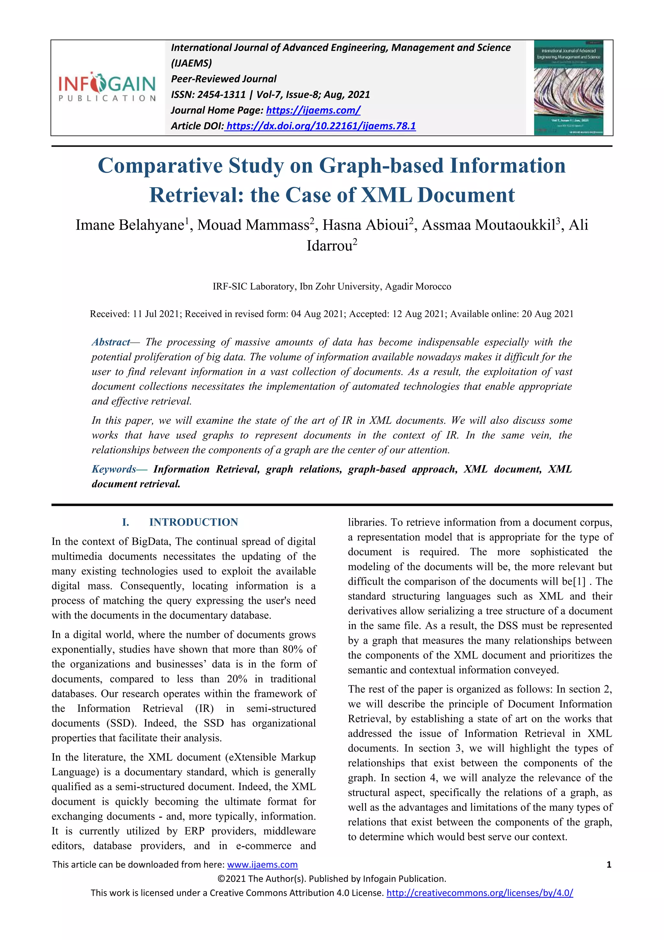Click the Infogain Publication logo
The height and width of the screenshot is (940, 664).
107,87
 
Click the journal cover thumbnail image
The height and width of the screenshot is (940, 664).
568,88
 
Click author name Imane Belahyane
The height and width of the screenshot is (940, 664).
130,225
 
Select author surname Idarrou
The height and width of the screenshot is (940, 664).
329,246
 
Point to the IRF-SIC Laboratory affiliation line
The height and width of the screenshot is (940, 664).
332,287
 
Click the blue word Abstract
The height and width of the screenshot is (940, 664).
111,342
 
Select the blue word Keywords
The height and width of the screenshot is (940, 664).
114,469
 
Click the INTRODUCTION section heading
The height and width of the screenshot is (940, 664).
193,522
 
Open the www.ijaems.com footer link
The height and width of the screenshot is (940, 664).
262,865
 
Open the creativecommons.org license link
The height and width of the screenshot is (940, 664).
480,893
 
